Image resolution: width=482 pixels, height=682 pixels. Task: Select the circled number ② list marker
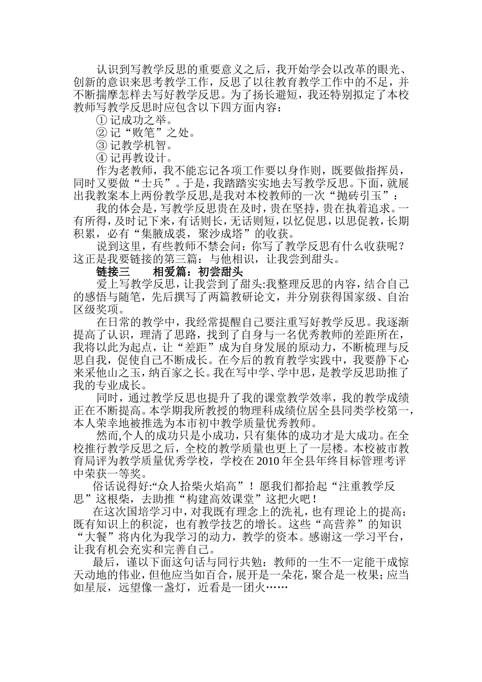(x=101, y=133)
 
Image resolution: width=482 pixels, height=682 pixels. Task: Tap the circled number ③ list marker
(x=101, y=146)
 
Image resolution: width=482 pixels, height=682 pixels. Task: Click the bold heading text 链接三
(x=113, y=271)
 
